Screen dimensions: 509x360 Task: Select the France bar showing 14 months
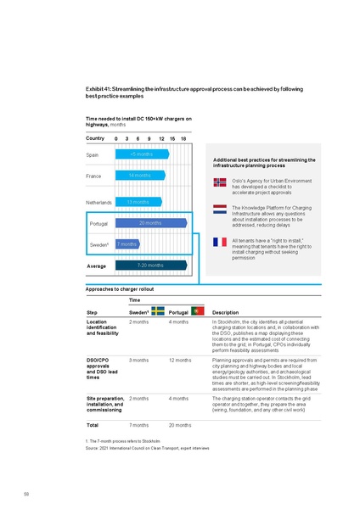click(140, 176)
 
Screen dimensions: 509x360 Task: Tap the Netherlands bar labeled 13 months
click(138, 202)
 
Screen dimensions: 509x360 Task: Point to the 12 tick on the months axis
click(161, 138)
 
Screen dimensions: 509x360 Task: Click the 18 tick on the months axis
click(183, 138)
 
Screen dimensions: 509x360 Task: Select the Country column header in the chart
click(95, 138)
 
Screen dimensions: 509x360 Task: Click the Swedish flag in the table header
click(157, 310)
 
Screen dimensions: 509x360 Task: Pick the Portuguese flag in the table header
click(196, 310)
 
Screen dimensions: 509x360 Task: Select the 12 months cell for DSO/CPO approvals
click(179, 360)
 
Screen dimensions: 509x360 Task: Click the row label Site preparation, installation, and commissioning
click(104, 403)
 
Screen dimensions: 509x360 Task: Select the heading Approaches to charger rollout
click(120, 288)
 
